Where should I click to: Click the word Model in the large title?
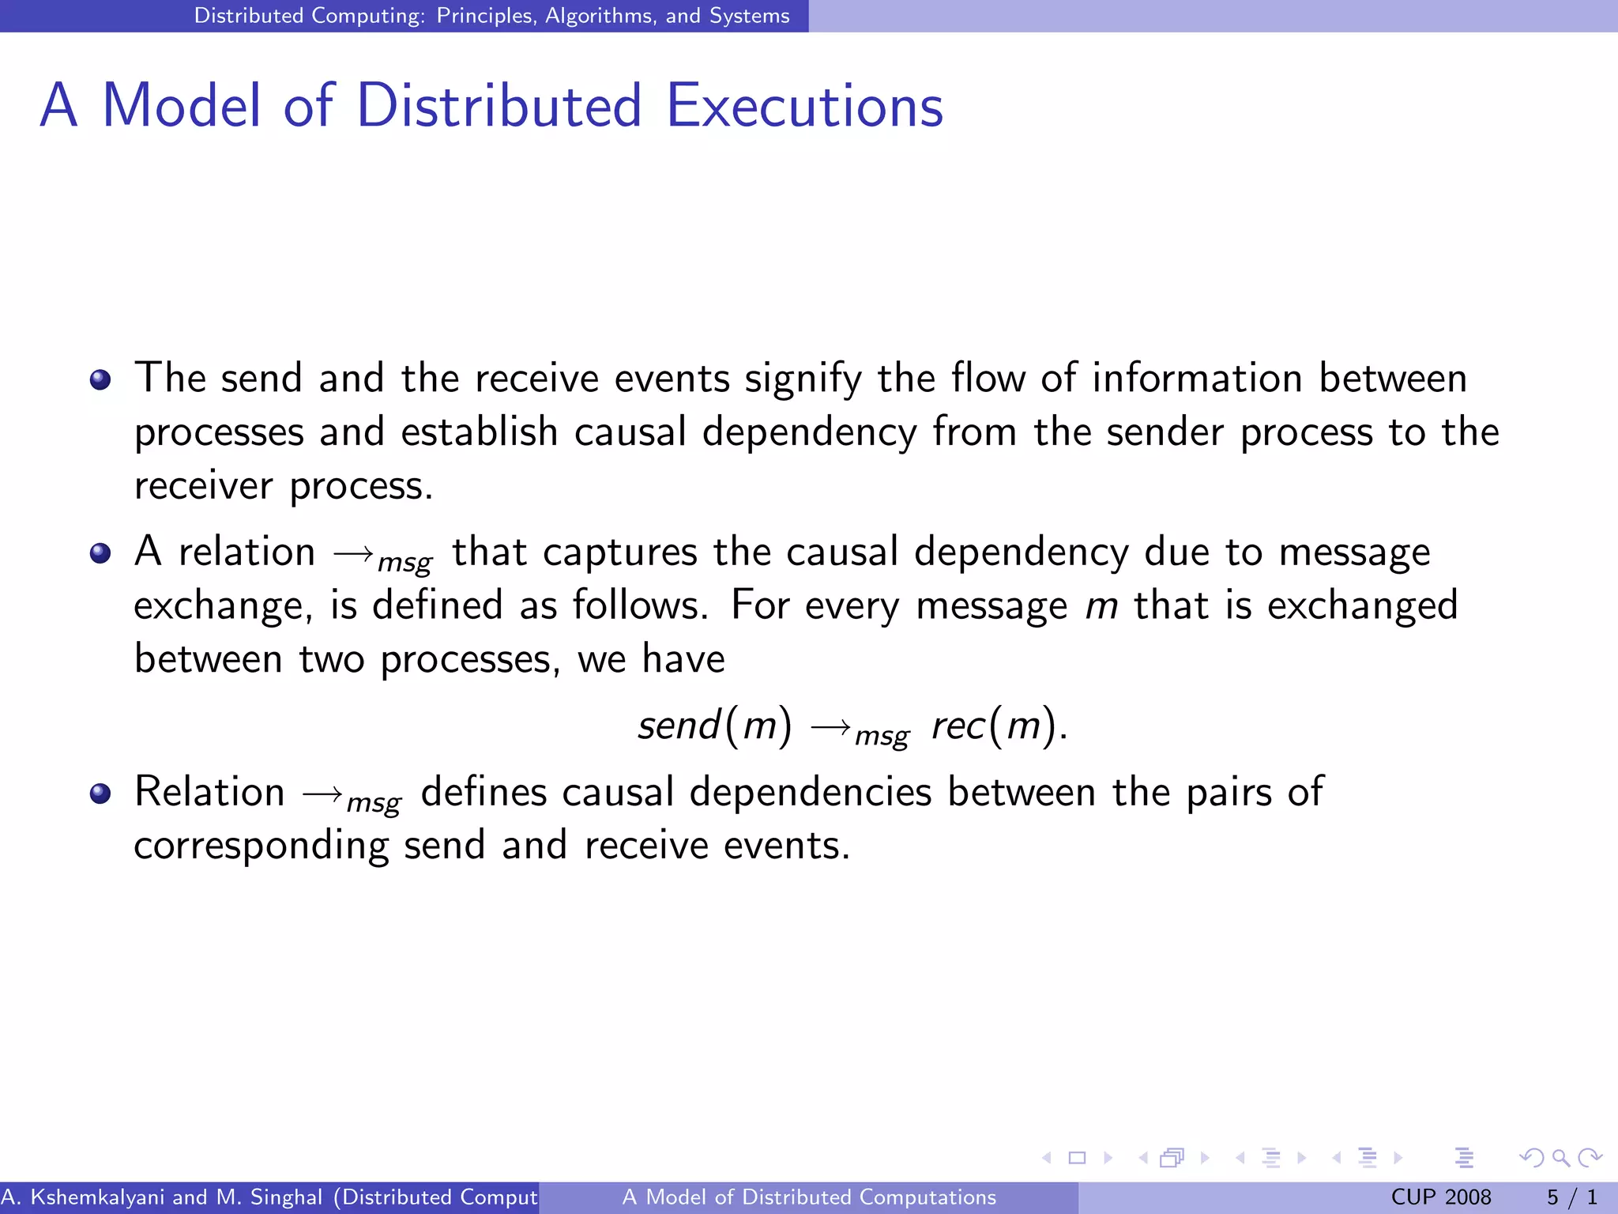pos(182,106)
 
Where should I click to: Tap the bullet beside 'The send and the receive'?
pos(100,380)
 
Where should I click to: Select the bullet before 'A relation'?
pos(100,553)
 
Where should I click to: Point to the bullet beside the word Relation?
pos(100,794)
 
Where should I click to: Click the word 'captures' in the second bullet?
pos(620,552)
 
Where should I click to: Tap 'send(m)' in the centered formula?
pos(714,725)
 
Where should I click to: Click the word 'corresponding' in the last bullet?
pos(261,846)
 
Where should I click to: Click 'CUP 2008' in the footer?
pos(1440,1197)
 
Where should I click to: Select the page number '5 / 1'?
pos(1571,1197)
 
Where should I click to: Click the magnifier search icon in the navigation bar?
pos(1560,1158)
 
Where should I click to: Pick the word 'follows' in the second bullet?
pos(636,605)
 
